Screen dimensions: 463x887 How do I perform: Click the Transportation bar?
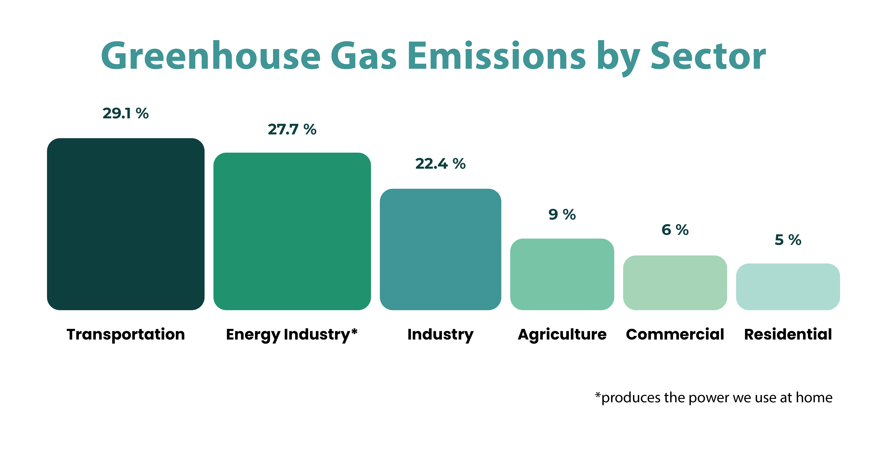tap(126, 224)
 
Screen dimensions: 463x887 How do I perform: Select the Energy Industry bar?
tap(292, 231)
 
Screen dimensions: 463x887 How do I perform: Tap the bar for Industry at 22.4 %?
tap(440, 249)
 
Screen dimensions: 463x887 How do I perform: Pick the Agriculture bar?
tap(562, 274)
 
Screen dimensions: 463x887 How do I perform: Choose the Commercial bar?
tap(675, 283)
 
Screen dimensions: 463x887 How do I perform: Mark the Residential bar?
tap(788, 287)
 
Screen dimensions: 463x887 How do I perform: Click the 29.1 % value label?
tap(126, 113)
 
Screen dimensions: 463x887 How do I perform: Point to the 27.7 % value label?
tap(292, 129)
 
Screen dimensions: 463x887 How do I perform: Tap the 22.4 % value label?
tap(440, 164)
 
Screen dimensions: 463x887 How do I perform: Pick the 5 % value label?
tap(788, 240)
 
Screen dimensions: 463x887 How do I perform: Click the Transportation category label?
tap(126, 334)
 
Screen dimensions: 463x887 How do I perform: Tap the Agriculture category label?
tap(562, 334)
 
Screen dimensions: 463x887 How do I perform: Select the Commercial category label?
tap(675, 334)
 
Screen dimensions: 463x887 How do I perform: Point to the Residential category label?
tap(788, 334)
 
